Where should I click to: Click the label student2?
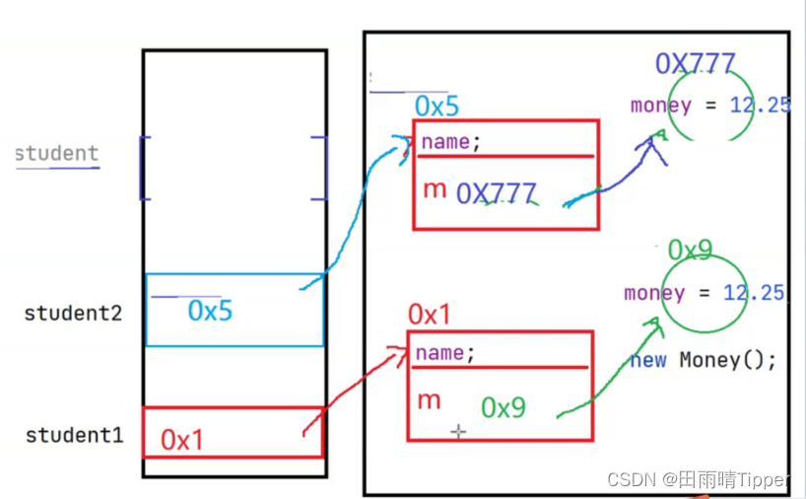(73, 315)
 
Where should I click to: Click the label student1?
(74, 435)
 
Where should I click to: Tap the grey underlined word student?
(57, 154)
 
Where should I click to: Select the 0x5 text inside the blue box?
(210, 312)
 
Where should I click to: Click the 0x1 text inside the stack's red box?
(181, 440)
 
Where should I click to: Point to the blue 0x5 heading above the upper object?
(437, 106)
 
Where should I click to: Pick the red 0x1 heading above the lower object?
(429, 316)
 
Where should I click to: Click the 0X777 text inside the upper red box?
(496, 194)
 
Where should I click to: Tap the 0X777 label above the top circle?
(695, 65)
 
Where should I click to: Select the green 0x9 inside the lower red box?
(503, 408)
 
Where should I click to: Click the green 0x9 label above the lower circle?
(690, 250)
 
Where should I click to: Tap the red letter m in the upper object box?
(434, 189)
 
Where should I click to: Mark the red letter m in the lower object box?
(429, 399)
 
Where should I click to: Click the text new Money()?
(703, 360)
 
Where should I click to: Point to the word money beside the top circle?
(660, 106)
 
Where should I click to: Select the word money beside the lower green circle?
(654, 293)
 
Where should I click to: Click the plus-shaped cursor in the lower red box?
(458, 432)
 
